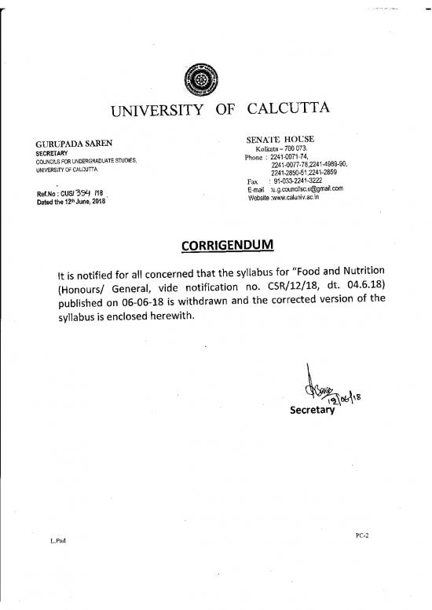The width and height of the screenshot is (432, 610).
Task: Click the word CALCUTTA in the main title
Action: [x=288, y=109]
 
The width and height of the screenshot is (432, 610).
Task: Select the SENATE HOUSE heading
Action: [x=281, y=139]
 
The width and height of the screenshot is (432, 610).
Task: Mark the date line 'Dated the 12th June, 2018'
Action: [x=70, y=200]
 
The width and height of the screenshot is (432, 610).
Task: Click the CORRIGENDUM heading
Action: [x=227, y=245]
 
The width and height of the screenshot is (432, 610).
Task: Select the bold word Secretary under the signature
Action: [x=313, y=410]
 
